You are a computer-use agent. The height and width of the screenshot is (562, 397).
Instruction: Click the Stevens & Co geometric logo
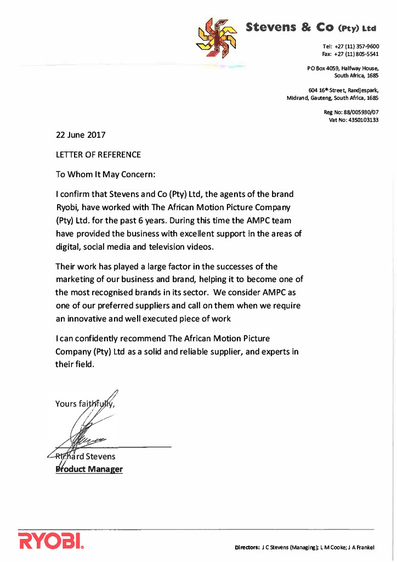(x=217, y=37)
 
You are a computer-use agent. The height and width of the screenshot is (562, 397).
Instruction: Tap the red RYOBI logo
(x=50, y=541)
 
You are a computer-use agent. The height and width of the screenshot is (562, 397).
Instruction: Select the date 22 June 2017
(x=81, y=134)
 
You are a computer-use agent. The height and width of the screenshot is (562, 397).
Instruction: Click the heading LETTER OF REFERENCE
(x=98, y=155)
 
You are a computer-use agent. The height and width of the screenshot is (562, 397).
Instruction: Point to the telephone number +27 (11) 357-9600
(x=357, y=47)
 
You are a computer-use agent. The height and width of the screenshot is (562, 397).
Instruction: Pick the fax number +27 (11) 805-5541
(x=357, y=54)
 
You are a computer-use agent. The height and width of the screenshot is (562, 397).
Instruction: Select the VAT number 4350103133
(x=361, y=120)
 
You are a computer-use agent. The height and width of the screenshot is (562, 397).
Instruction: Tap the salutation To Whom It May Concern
(x=106, y=175)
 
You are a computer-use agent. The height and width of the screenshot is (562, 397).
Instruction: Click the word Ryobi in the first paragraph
(x=68, y=207)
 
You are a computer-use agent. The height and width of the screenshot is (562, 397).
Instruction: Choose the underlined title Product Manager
(x=89, y=469)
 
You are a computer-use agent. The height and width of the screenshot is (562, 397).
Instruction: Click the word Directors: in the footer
(x=247, y=547)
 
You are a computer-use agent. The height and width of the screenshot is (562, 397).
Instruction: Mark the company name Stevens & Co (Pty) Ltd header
(x=311, y=27)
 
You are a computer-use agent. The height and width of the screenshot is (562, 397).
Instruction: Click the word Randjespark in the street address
(x=362, y=90)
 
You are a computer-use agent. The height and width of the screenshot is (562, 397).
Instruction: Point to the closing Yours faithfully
(x=85, y=404)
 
